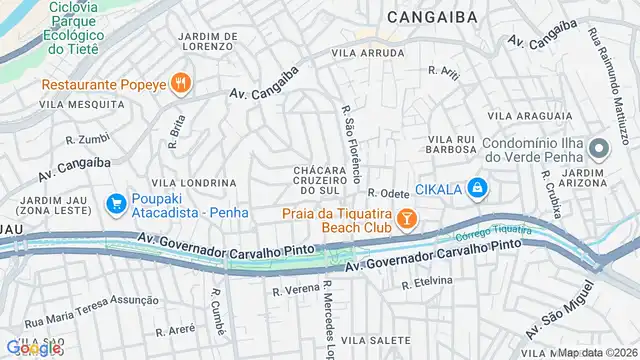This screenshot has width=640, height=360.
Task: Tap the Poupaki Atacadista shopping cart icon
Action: tap(117, 204)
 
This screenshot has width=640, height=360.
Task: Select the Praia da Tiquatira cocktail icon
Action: tap(407, 217)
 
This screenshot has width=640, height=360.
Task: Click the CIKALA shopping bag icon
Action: tap(479, 187)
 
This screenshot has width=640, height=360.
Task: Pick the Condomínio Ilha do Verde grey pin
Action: tap(599, 150)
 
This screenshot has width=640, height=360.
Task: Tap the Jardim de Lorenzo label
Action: tap(207, 41)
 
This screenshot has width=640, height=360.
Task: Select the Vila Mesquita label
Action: tap(75, 103)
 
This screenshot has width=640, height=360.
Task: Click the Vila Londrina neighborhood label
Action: tap(203, 183)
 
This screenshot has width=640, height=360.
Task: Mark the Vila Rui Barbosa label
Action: tap(452, 144)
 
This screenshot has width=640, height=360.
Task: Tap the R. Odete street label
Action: tap(389, 193)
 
